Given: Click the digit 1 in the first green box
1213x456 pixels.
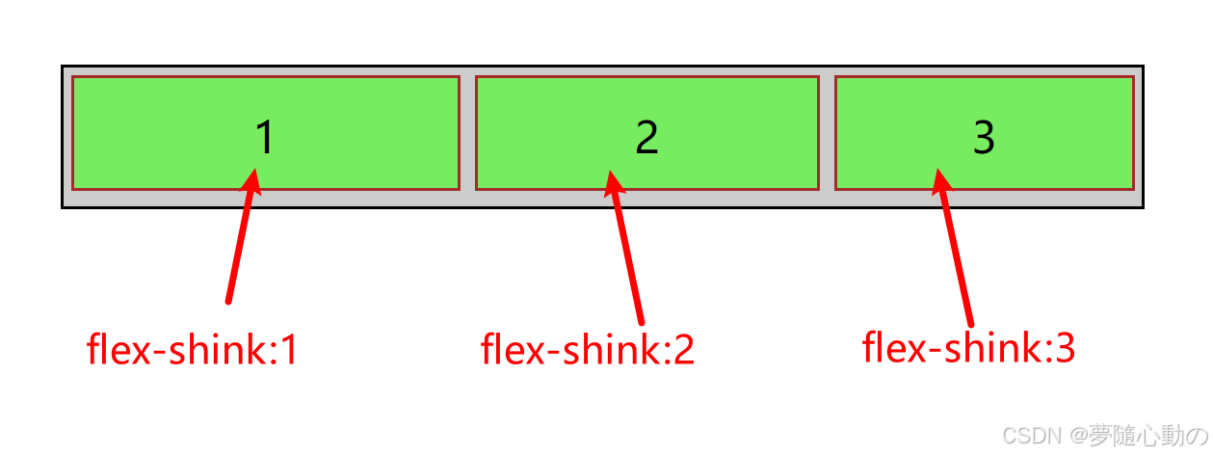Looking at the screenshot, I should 265,138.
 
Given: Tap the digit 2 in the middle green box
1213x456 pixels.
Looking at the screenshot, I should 646,139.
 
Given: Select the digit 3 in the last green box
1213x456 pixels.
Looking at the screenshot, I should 984,138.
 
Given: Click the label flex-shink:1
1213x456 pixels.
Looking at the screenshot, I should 192,350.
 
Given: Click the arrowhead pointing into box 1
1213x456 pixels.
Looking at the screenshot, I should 252,180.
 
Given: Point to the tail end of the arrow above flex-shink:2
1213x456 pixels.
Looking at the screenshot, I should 640,321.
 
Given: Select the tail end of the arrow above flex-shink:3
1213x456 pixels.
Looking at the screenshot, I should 970,323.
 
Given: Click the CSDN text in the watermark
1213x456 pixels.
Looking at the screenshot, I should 1028,437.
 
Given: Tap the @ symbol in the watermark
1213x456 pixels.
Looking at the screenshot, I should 1077,437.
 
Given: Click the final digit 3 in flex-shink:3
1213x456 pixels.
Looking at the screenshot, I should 1064,348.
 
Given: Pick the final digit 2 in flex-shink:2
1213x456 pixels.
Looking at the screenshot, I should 683,350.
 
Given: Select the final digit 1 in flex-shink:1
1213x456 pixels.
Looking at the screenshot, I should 288,350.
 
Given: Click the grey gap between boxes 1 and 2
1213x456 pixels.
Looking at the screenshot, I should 467,133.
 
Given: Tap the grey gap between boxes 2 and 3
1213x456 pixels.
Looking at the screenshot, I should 827,133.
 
